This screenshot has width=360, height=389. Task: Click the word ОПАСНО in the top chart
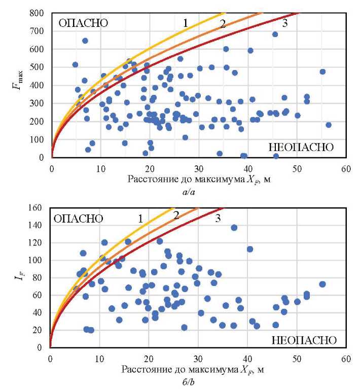coord(84,23)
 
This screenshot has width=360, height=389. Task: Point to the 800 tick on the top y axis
coord(39,13)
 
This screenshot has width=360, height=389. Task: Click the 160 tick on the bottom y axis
coord(39,207)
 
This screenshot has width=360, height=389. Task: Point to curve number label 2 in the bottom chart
coord(176,215)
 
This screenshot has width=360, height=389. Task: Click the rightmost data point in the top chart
coord(328,125)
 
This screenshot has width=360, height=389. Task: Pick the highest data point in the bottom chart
coord(234,228)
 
